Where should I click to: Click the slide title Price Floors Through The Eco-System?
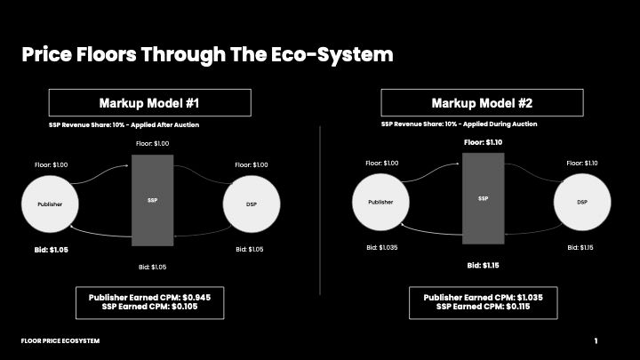pyautogui.click(x=207, y=55)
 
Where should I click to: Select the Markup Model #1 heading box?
pyautogui.click(x=150, y=102)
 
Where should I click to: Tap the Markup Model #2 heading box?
pyautogui.click(x=482, y=102)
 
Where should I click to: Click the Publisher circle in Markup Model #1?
pyautogui.click(x=50, y=204)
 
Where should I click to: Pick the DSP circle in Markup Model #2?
pyautogui.click(x=582, y=202)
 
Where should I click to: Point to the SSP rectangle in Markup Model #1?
pyautogui.click(x=152, y=200)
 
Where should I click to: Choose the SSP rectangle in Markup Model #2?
pyautogui.click(x=484, y=198)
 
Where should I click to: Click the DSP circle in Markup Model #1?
pyautogui.click(x=252, y=204)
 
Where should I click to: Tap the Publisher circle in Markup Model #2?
pyautogui.click(x=380, y=202)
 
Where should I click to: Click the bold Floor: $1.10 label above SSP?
pyautogui.click(x=484, y=142)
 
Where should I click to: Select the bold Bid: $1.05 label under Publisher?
pyautogui.click(x=52, y=250)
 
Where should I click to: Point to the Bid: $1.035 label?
pyautogui.click(x=382, y=247)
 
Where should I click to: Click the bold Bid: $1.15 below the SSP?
pyautogui.click(x=484, y=265)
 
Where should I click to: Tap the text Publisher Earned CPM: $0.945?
pyautogui.click(x=150, y=298)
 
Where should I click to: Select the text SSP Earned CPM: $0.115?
pyautogui.click(x=484, y=307)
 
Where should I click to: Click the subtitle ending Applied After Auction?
pyautogui.click(x=124, y=125)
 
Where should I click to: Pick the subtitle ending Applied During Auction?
pyautogui.click(x=460, y=124)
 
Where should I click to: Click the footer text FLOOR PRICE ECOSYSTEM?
pyautogui.click(x=60, y=340)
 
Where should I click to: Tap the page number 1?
pyautogui.click(x=596, y=340)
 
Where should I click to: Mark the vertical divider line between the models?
pyautogui.click(x=320, y=211)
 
